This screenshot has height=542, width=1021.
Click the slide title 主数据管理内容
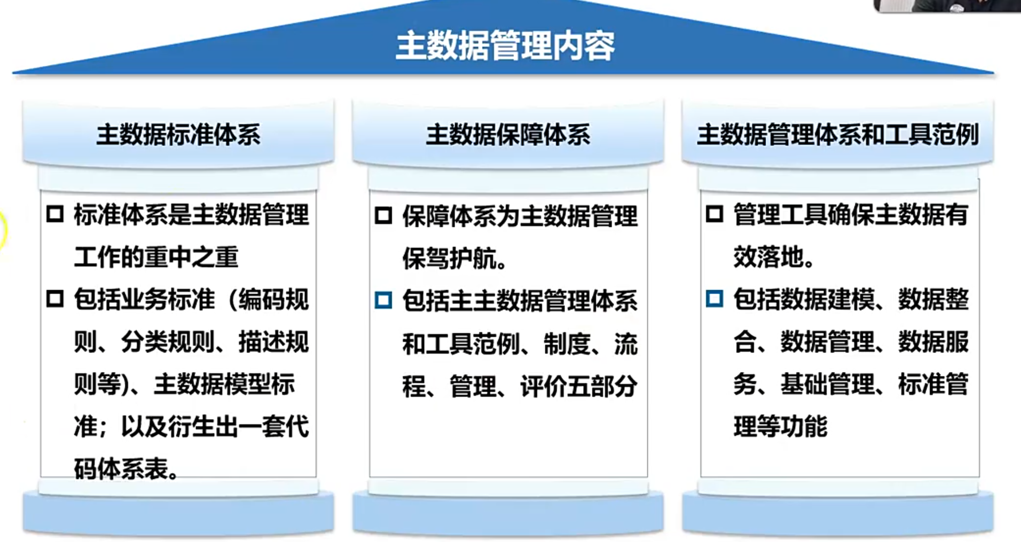click(x=505, y=46)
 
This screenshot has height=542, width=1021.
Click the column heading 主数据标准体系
click(x=179, y=134)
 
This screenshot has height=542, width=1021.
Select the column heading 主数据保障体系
click(x=508, y=134)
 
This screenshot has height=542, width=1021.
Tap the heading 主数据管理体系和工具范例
click(x=838, y=134)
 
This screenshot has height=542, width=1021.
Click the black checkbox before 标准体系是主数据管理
click(x=55, y=214)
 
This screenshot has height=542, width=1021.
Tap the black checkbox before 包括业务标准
click(x=55, y=299)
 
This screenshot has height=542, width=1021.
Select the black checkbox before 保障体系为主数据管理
click(x=383, y=215)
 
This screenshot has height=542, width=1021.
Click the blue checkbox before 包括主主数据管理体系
click(x=383, y=300)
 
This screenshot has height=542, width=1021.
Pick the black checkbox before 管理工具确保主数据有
click(x=714, y=214)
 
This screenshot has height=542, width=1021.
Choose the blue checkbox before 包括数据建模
click(x=714, y=299)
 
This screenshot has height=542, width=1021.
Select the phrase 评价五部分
click(x=579, y=386)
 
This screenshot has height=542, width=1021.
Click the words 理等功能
click(x=780, y=426)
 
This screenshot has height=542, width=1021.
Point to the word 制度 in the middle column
click(x=567, y=344)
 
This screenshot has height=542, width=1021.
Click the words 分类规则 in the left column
click(x=168, y=341)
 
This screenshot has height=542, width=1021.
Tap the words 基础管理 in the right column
click(x=827, y=384)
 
